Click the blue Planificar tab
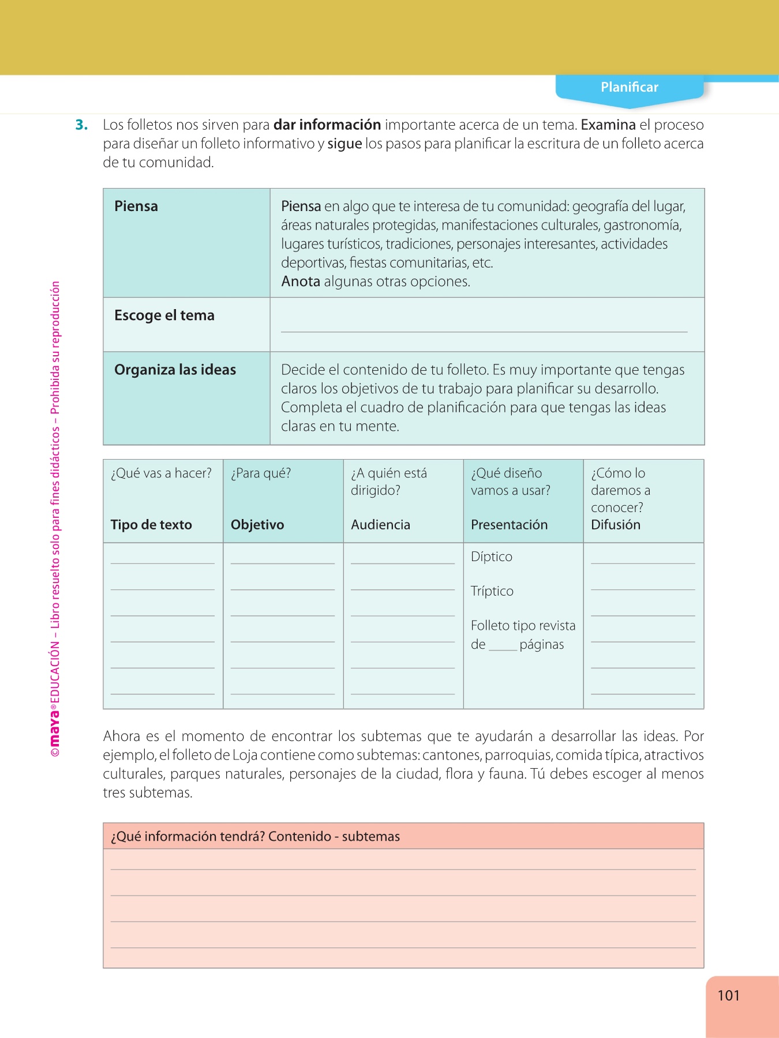pos(629,88)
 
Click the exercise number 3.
pos(81,125)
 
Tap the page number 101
pos(728,995)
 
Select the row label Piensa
pos(136,206)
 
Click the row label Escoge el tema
pos(164,315)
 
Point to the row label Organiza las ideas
pos(175,370)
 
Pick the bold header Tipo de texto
pos(151,525)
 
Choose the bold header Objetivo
pos(257,525)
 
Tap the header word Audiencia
pos(380,525)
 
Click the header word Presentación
pos(509,525)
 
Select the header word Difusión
pos(616,525)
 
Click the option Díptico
pos(492,556)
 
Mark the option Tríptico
pos(492,591)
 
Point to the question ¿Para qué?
pos(261,473)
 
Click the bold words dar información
pos(327,125)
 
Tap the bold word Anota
pos(301,281)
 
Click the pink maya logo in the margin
pos(55,729)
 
